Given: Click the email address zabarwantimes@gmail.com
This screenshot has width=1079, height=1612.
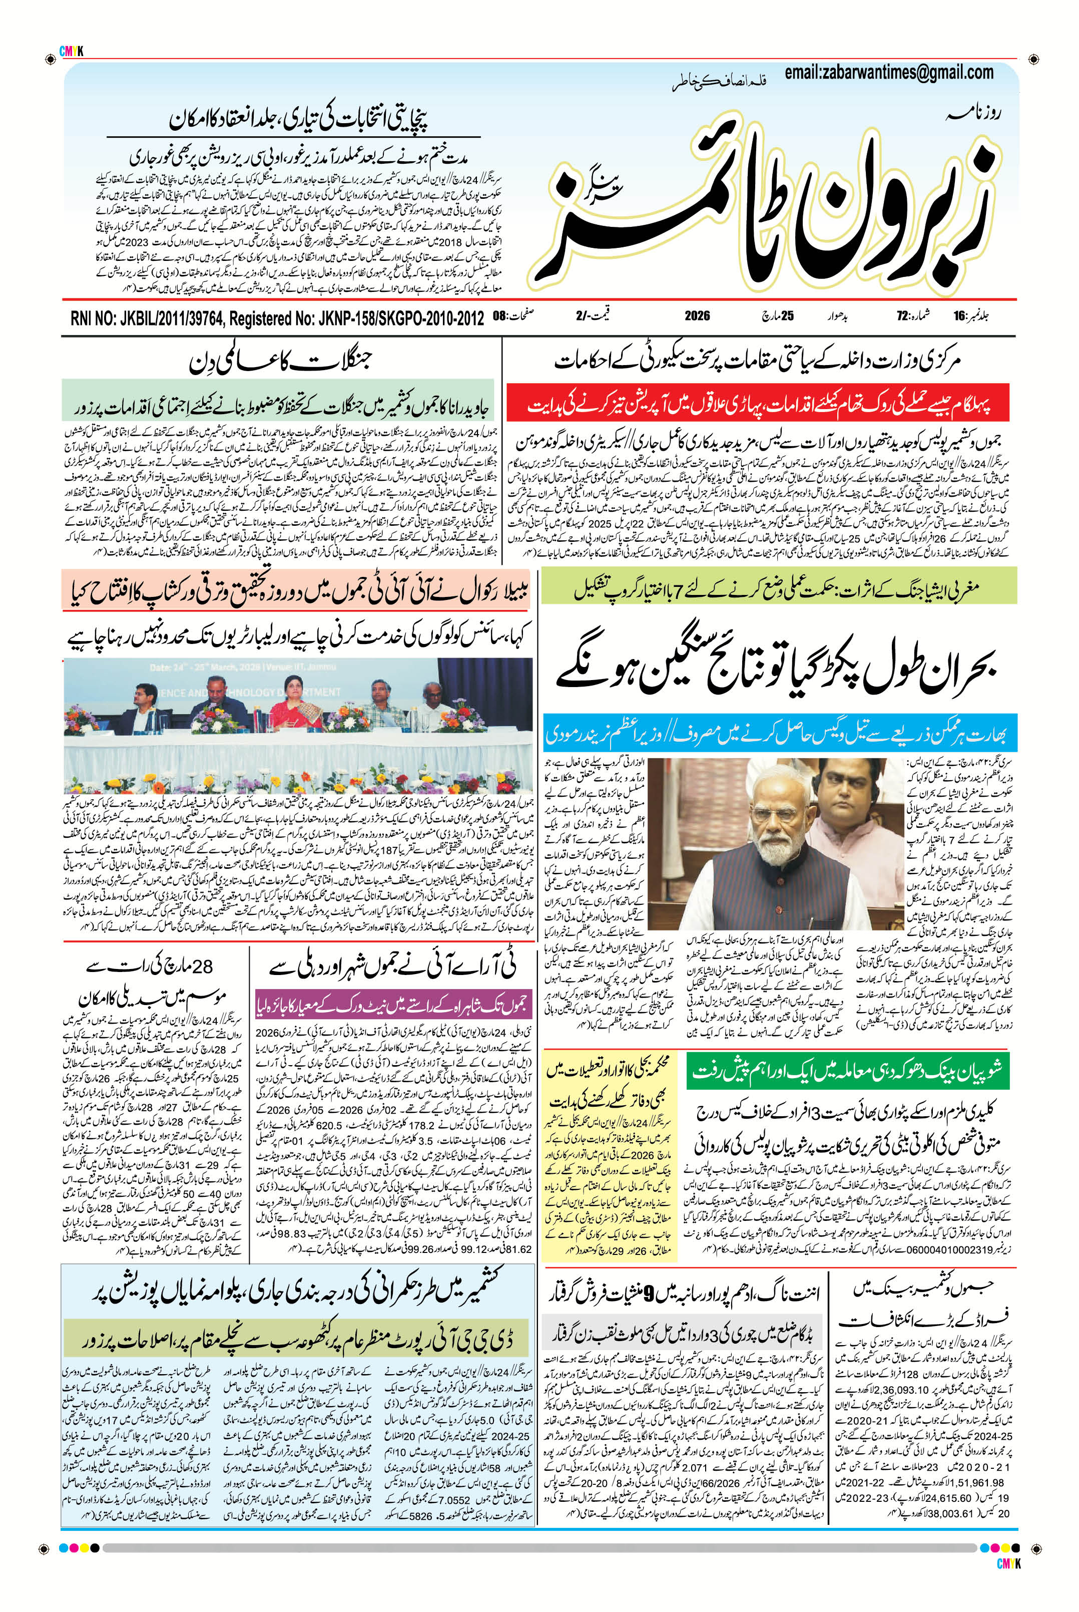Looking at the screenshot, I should click(x=888, y=72).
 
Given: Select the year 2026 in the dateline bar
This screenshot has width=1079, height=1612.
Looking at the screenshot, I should click(x=697, y=317).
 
